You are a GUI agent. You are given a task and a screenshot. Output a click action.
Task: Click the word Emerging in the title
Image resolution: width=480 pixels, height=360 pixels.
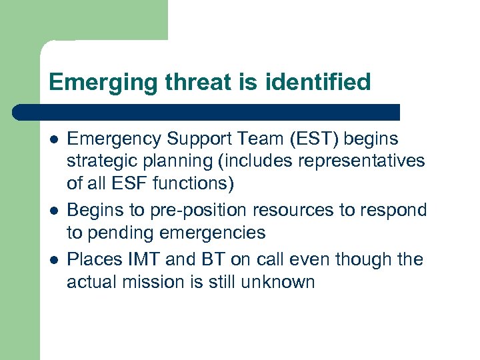[x=93, y=83]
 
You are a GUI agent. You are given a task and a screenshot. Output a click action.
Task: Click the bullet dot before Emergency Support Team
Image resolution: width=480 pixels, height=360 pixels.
[x=53, y=139]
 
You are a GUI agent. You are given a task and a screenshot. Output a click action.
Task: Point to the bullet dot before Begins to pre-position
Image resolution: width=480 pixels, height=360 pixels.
[x=53, y=211]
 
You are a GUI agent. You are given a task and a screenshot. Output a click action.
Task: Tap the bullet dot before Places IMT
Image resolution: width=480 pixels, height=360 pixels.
[x=53, y=259]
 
